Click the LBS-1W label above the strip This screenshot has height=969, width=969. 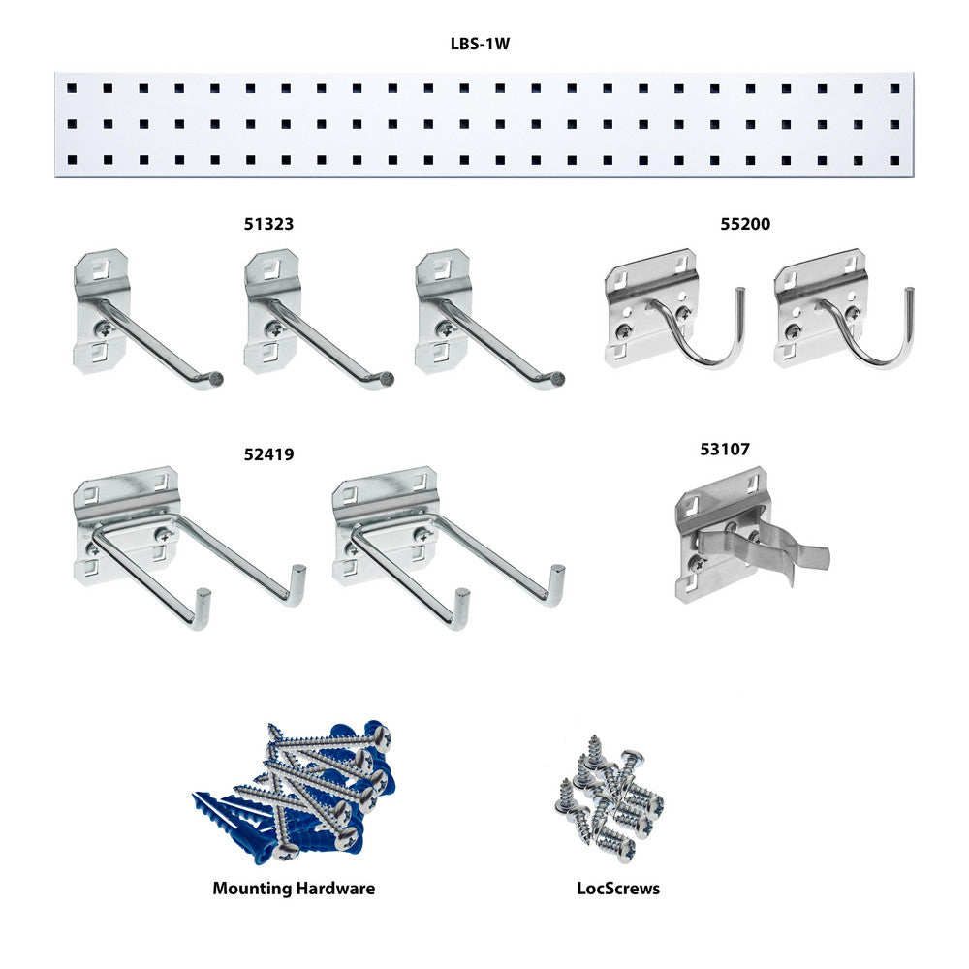point(481,44)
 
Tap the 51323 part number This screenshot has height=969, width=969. point(268,224)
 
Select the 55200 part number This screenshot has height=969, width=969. point(745,224)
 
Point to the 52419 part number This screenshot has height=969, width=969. point(268,454)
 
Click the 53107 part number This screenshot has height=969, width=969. point(724,449)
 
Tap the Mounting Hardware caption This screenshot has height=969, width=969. point(294,889)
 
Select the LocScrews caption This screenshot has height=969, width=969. point(618,889)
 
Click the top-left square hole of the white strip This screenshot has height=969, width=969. point(73,88)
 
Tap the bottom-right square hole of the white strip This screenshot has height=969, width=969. point(894,160)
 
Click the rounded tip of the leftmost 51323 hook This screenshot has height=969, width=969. point(216,378)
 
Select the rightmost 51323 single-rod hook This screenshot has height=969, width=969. point(489,319)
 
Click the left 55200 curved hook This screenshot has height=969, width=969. point(674,309)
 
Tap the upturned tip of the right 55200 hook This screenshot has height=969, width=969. point(909,291)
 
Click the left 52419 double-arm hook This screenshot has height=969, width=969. point(189,547)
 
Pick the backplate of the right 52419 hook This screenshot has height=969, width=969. point(383,525)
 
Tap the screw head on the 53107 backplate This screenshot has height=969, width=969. point(698,562)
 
